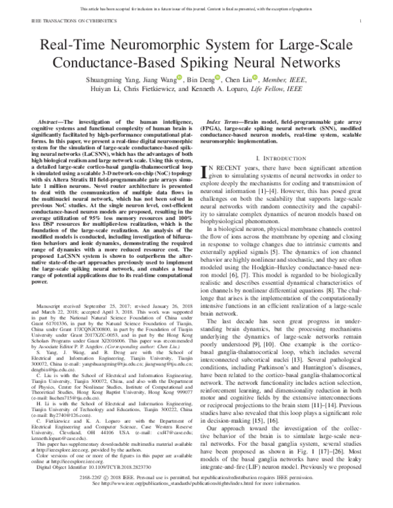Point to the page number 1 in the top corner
(362, 22)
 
